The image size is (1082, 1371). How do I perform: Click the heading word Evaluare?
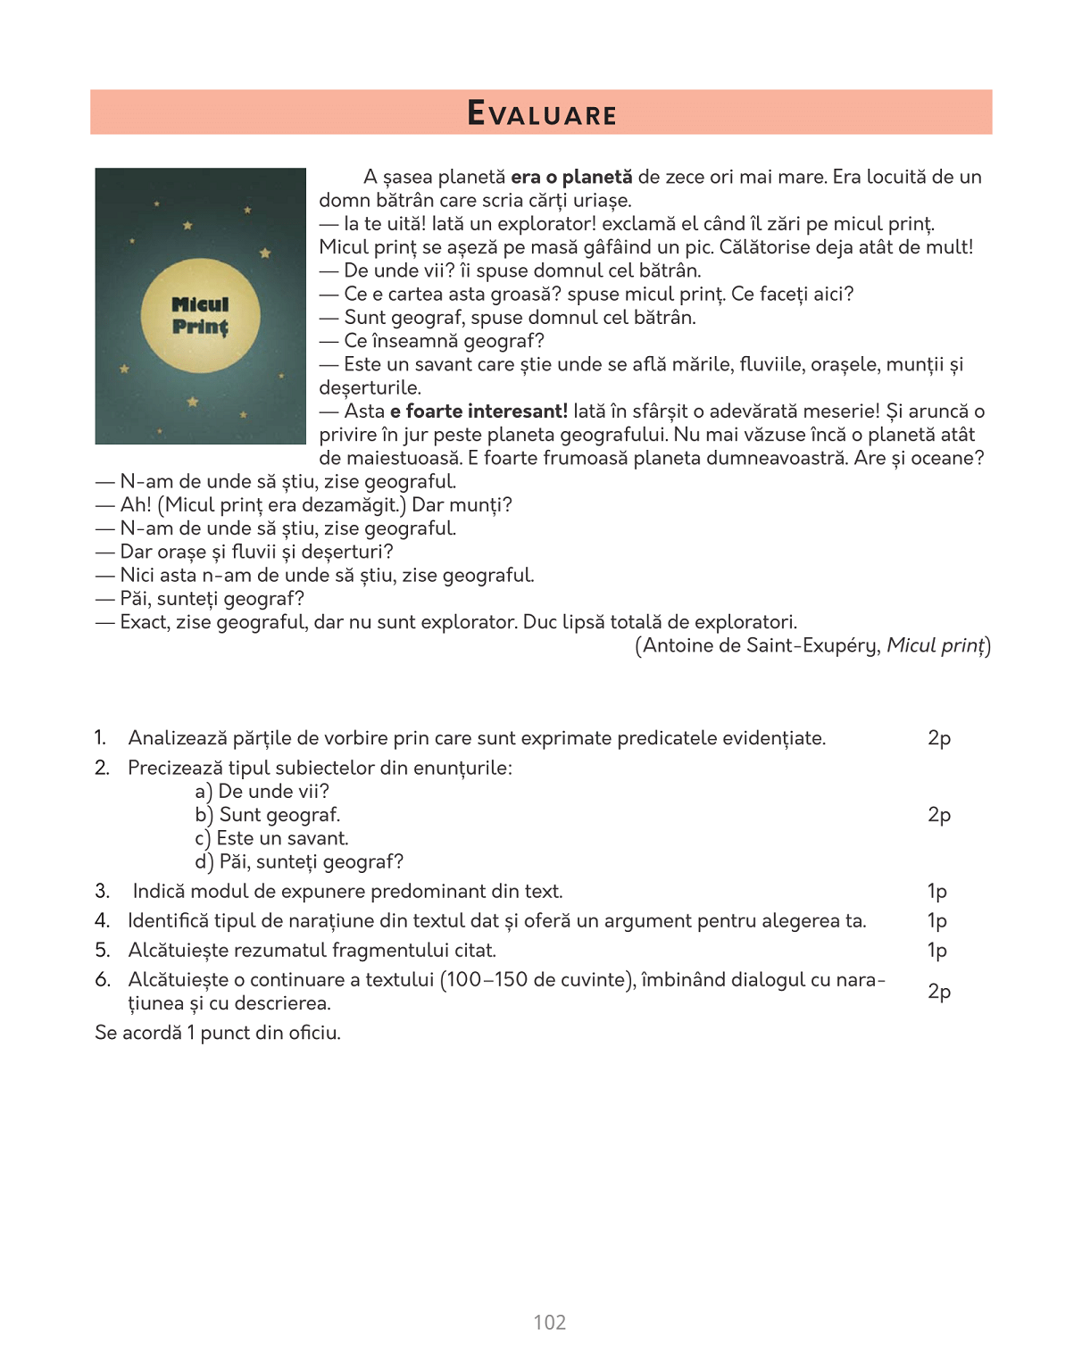click(542, 114)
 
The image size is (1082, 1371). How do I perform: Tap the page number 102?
click(549, 1322)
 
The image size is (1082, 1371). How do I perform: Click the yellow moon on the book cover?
click(201, 316)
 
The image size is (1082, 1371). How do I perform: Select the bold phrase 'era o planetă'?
click(571, 177)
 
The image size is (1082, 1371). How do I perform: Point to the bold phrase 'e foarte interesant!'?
click(479, 411)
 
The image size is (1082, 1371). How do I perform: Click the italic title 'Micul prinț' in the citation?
click(936, 645)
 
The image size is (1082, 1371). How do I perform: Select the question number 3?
click(102, 891)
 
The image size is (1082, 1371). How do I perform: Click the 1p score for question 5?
click(936, 950)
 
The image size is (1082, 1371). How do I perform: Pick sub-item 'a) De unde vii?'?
click(262, 791)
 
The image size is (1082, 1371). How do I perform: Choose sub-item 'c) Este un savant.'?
click(271, 838)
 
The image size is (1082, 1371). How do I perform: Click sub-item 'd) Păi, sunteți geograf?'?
click(299, 861)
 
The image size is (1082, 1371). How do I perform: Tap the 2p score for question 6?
click(939, 991)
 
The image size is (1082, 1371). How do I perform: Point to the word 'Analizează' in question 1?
click(177, 737)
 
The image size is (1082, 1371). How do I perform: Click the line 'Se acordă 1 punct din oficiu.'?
click(218, 1033)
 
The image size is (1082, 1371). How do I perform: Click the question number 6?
click(102, 979)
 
